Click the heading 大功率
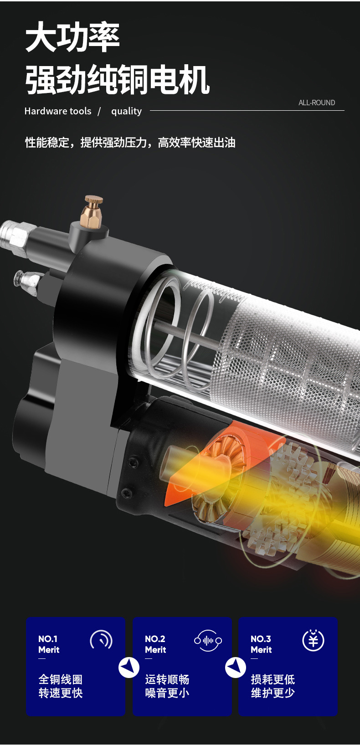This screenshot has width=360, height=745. coord(72,36)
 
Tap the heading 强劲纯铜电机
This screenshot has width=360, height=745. coord(118,79)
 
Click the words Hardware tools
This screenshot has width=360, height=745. coord(58,111)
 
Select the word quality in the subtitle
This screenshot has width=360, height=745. coord(126,112)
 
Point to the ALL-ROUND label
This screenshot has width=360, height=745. coord(317,103)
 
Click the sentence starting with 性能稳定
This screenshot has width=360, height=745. coord(130,142)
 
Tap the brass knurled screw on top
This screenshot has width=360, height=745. coord(92,211)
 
